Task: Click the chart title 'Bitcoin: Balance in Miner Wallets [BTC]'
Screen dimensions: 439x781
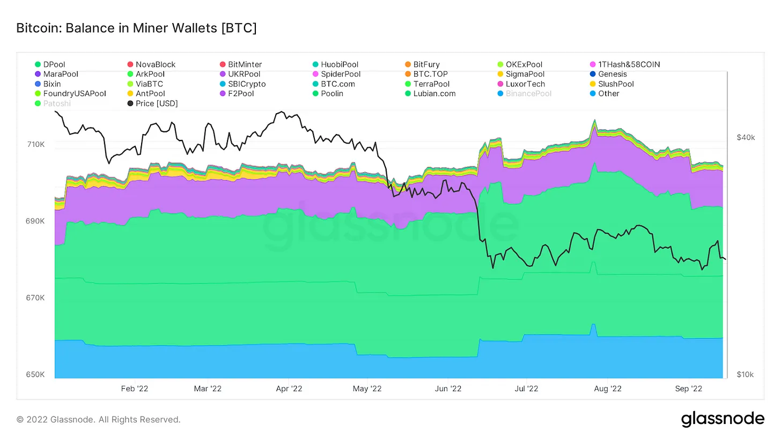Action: coord(136,28)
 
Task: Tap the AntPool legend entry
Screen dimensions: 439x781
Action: coord(150,93)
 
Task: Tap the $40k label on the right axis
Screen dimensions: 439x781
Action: coord(745,138)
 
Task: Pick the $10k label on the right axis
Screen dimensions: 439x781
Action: coord(745,374)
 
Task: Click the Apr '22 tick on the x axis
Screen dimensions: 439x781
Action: coord(289,388)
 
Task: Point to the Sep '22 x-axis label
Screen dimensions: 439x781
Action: coord(688,388)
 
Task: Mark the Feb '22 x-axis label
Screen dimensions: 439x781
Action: coord(135,388)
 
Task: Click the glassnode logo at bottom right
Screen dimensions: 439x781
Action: coord(723,419)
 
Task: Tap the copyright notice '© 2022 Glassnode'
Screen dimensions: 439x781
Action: coord(98,419)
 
